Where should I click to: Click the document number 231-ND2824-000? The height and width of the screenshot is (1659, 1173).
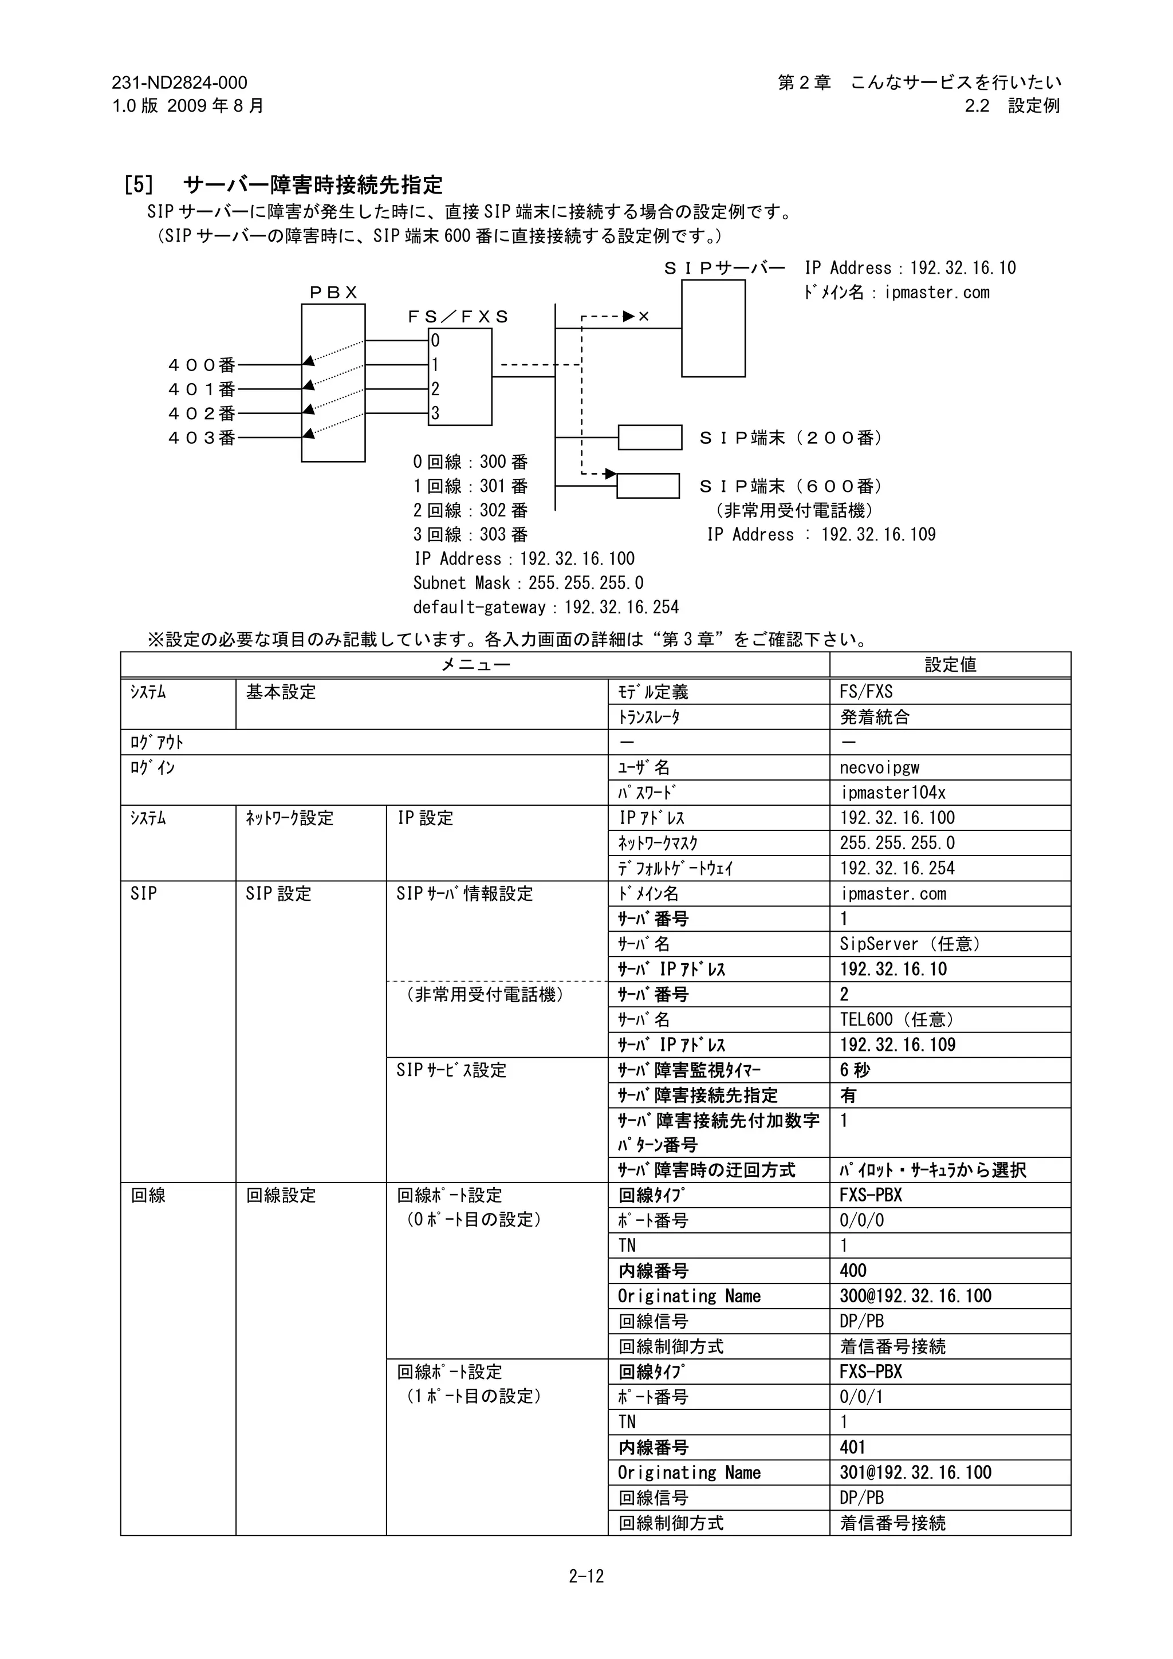179,83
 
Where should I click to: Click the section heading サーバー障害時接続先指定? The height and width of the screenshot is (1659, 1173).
312,185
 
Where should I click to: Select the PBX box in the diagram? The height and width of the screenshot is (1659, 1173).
333,383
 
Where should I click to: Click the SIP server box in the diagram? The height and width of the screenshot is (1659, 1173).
713,329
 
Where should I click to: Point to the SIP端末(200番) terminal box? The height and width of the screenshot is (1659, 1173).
650,437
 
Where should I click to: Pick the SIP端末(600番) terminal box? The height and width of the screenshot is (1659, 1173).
648,486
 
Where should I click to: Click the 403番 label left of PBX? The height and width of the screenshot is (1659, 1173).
202,438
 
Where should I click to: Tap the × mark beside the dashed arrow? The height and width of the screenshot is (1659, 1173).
644,317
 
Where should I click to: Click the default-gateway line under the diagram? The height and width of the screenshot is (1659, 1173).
546,607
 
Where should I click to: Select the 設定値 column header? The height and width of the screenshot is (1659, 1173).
950,665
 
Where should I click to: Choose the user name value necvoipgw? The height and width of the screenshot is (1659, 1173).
880,767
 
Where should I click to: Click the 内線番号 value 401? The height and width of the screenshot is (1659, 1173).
852,1447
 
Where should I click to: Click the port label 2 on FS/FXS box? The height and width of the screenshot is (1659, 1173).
435,389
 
